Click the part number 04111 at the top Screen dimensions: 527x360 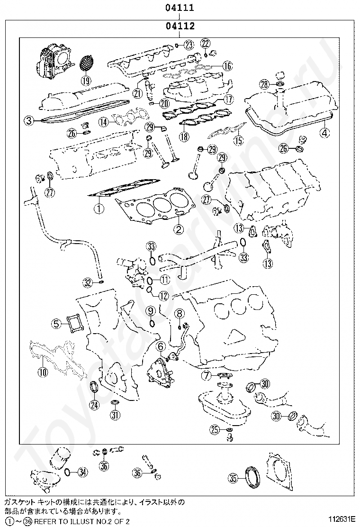click(x=180, y=8)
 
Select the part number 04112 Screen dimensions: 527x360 click(x=180, y=26)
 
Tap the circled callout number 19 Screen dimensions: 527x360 click(x=85, y=80)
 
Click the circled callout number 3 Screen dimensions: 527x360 click(x=29, y=120)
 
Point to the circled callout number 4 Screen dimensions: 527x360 click(x=324, y=133)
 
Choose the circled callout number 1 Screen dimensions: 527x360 click(x=99, y=209)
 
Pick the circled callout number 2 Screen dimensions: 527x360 click(x=178, y=230)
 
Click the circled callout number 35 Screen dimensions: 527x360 click(x=233, y=478)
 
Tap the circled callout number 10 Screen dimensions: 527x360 click(x=43, y=372)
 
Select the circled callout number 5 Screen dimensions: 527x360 click(x=56, y=324)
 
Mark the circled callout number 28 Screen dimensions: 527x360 click(x=264, y=84)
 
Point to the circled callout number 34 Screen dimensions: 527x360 click(x=83, y=472)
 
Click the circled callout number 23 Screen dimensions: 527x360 click(x=189, y=45)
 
